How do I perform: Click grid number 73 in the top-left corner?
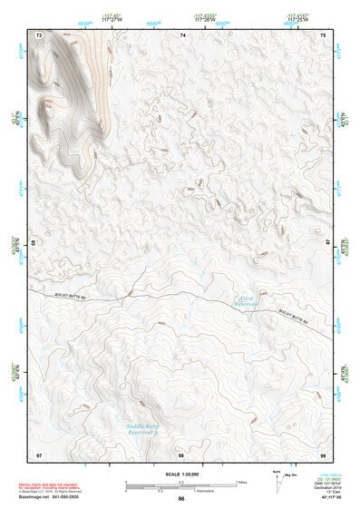[x=39, y=34]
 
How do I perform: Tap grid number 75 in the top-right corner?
[x=325, y=34]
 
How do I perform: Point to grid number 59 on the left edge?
[x=34, y=243]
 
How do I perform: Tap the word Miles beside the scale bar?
[x=241, y=482]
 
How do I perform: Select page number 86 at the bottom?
[x=181, y=499]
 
